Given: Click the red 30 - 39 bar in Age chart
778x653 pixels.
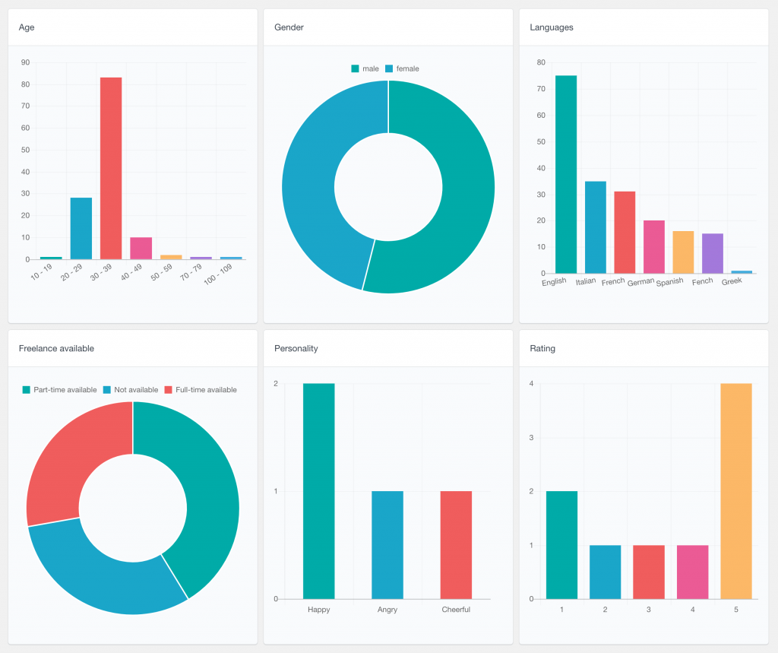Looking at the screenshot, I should tap(111, 168).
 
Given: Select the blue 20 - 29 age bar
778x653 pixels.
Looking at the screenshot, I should tap(81, 228).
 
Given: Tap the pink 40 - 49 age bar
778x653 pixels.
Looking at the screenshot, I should tap(141, 248).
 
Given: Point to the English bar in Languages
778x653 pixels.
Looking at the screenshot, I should tap(566, 174).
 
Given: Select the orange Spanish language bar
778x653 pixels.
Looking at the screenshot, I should tap(683, 252).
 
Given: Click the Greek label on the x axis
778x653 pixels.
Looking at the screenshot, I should tap(731, 281).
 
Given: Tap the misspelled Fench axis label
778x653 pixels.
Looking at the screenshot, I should tap(702, 281).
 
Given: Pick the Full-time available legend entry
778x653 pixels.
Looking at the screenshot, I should tap(201, 390).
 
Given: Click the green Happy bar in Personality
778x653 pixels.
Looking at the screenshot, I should tap(318, 491).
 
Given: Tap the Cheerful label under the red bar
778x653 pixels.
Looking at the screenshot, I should tap(456, 609).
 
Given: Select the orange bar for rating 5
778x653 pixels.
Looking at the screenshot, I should tap(736, 491).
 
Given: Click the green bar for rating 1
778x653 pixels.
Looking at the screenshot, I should tap(561, 545).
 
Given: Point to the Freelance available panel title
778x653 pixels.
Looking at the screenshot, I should tap(56, 348).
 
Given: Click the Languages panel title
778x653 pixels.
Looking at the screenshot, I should tap(551, 27).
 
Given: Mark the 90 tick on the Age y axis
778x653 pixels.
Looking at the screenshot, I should tap(25, 62).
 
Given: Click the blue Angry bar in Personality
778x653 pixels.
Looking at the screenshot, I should tap(387, 545).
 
